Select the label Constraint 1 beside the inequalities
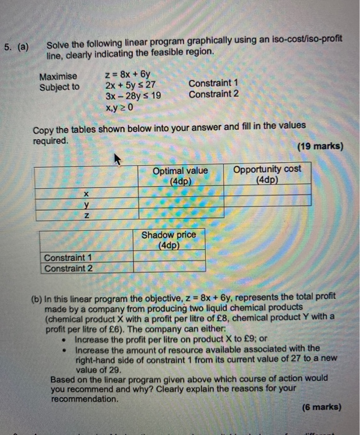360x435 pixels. pos(213,83)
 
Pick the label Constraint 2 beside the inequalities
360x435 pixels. pos(213,94)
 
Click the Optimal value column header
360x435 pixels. pos(180,175)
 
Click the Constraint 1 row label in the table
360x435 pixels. pos(68,258)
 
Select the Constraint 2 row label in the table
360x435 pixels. pos(68,268)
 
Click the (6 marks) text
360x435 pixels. pos(321,408)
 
